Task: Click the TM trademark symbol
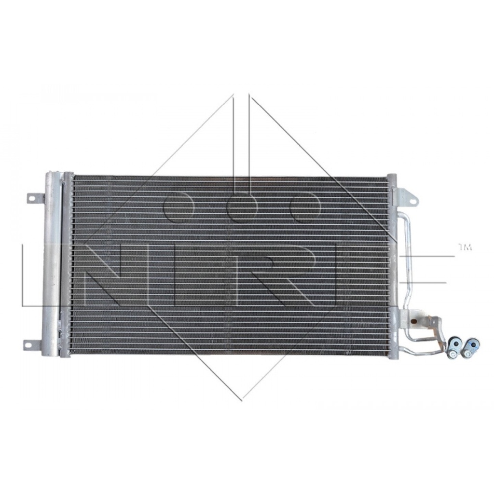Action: [464, 247]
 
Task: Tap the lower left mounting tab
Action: [33, 344]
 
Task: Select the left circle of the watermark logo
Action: [178, 207]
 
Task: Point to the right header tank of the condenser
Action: [393, 265]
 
